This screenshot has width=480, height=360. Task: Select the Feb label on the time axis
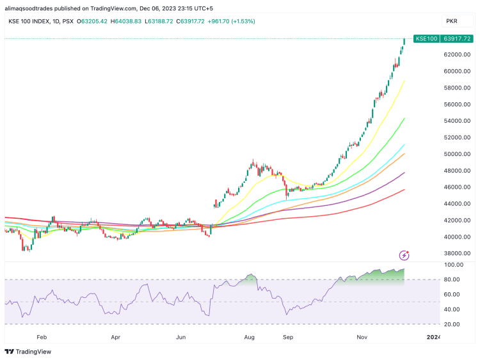click(42, 336)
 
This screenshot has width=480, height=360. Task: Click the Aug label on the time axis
click(250, 336)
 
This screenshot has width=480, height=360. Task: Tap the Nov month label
click(362, 336)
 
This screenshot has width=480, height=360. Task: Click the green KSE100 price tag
click(427, 39)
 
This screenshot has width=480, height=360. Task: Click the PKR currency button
click(451, 21)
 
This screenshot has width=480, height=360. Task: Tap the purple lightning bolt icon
click(404, 255)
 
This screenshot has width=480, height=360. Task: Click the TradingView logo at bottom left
click(28, 352)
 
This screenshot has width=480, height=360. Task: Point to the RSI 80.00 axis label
click(454, 279)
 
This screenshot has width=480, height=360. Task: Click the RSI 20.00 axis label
click(454, 324)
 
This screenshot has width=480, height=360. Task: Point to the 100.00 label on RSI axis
click(454, 264)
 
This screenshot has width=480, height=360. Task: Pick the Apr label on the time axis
click(116, 336)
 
